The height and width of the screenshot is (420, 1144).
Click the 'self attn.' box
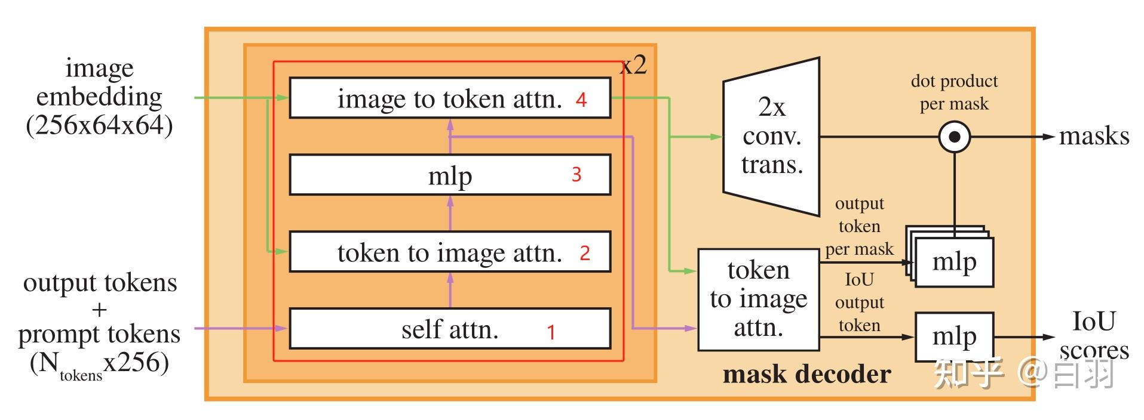[x=449, y=329]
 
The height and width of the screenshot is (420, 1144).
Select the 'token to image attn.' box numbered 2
[x=449, y=252]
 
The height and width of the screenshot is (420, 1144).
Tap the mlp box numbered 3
[x=449, y=175]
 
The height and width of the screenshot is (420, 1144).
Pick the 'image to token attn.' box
[x=449, y=98]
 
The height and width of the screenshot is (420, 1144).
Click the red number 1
[x=551, y=332]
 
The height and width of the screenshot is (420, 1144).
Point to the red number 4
[x=581, y=100]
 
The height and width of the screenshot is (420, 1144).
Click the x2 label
[x=634, y=64]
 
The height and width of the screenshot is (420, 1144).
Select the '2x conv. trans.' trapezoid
[x=771, y=137]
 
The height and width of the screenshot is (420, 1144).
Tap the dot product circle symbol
[x=954, y=137]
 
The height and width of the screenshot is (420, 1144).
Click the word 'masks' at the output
[x=1093, y=137]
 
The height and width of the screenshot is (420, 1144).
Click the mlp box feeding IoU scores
[x=953, y=337]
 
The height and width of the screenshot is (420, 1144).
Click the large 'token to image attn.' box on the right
[x=758, y=299]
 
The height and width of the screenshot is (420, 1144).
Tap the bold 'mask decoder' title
[x=806, y=374]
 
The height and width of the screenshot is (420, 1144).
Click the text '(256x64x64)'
[x=99, y=126]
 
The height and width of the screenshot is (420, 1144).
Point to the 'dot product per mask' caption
[x=953, y=92]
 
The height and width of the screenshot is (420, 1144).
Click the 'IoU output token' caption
[x=859, y=302]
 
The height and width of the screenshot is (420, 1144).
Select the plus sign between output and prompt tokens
[x=99, y=310]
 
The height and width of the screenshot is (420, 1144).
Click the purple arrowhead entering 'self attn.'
[x=280, y=328]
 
